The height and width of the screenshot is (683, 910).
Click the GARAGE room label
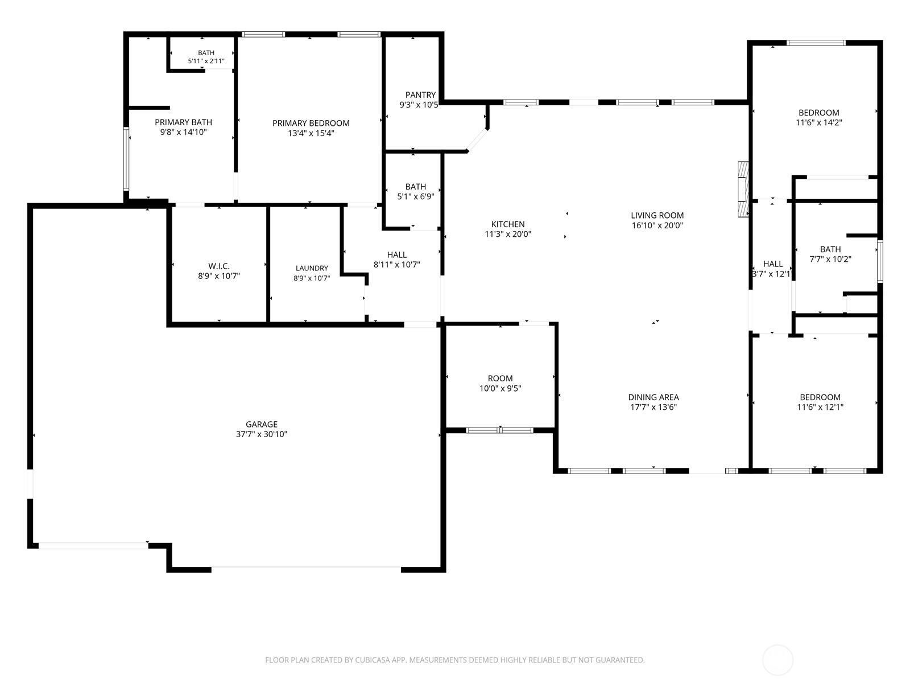[x=261, y=424]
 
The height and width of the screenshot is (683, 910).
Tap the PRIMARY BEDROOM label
[x=311, y=123]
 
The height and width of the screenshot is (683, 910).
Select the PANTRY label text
[x=420, y=95]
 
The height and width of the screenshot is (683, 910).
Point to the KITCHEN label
[x=508, y=224]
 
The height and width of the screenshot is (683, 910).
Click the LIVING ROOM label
[x=657, y=215]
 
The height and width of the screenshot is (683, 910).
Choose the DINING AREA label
[x=653, y=397]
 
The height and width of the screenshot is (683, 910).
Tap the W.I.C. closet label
[x=219, y=266]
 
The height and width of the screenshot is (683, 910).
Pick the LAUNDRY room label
[x=312, y=268]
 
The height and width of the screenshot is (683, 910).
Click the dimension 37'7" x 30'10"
[x=261, y=434]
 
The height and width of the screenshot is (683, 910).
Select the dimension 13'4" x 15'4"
[x=311, y=133]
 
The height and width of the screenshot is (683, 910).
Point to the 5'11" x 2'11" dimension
[x=206, y=61]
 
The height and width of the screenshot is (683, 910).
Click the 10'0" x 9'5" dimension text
[x=500, y=388]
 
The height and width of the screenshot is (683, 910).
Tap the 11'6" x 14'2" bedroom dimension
[x=819, y=122]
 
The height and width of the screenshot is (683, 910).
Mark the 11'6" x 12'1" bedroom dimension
[x=820, y=407]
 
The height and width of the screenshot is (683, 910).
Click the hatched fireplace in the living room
[x=743, y=189]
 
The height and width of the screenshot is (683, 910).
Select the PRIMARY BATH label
[x=183, y=122]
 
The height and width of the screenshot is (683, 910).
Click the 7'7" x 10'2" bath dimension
[x=830, y=259]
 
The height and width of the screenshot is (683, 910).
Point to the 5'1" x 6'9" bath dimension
[x=415, y=196]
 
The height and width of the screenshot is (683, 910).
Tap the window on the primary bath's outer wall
[x=126, y=159]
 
